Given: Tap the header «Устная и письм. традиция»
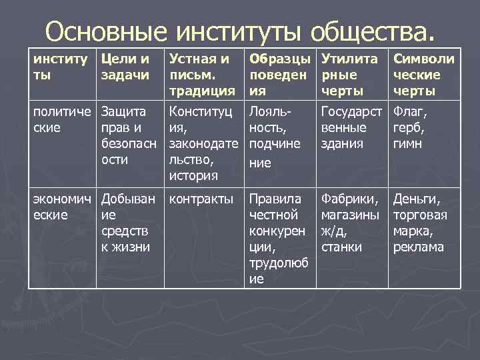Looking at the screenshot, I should [x=202, y=74].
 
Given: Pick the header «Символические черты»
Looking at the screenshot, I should [x=424, y=74].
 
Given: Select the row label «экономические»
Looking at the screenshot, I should [x=62, y=206].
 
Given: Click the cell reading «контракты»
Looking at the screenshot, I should [x=201, y=199].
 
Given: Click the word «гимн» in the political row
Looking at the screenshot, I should [x=408, y=143].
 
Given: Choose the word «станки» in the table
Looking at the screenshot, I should [x=341, y=247].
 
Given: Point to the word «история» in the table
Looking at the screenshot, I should [x=194, y=175].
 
